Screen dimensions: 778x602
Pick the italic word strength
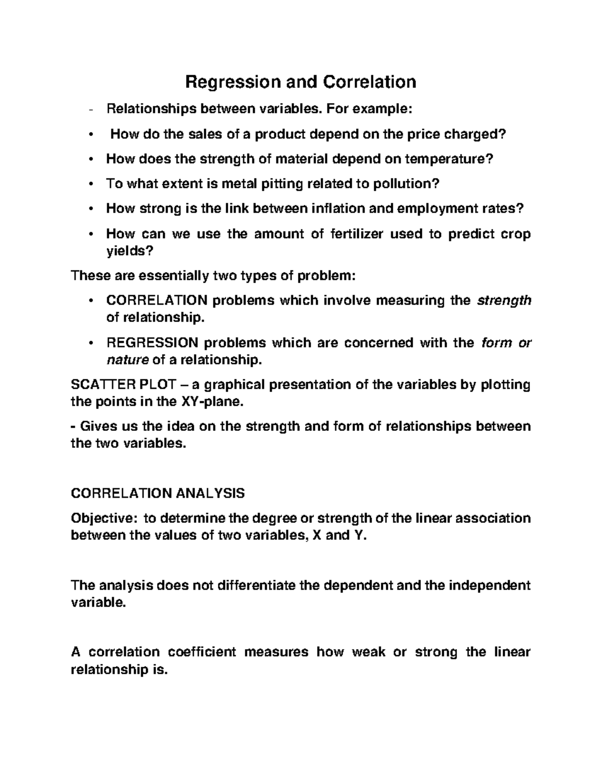click(x=504, y=301)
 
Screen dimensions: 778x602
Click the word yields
click(x=128, y=251)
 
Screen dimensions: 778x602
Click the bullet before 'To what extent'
click(x=90, y=184)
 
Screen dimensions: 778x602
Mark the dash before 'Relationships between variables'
click(x=90, y=109)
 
